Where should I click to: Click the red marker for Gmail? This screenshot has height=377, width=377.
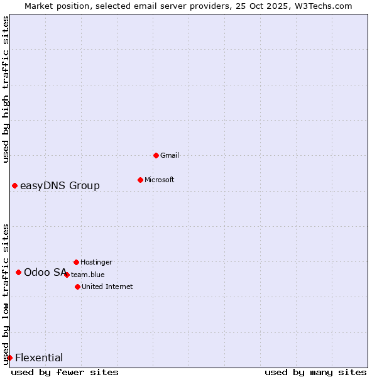tap(156, 155)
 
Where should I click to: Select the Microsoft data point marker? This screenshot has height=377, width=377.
tap(140, 180)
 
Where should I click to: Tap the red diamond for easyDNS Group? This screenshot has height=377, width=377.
tap(14, 185)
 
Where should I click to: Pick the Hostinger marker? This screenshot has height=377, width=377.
tap(76, 262)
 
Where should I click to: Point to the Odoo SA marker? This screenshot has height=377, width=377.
tap(18, 272)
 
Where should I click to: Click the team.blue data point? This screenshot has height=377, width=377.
tap(67, 275)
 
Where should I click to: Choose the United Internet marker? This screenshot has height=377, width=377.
tap(77, 287)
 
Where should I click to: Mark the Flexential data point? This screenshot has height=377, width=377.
tap(9, 358)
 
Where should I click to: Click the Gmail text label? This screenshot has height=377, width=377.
tap(170, 155)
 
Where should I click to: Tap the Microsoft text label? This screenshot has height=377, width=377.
tap(160, 180)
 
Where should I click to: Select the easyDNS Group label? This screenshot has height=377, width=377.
tap(60, 185)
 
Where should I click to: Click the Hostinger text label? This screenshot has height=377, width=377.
tap(96, 262)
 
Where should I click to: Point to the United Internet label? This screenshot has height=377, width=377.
tap(107, 287)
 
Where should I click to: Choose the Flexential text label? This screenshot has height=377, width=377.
tap(39, 358)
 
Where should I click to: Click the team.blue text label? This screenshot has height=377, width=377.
tap(88, 275)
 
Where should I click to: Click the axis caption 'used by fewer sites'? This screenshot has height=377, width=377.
tap(65, 372)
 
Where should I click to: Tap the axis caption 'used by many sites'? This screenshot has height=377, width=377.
tap(315, 372)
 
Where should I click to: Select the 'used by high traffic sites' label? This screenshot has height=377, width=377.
tap(6, 89)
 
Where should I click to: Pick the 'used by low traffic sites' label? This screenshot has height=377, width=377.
tap(6, 294)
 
